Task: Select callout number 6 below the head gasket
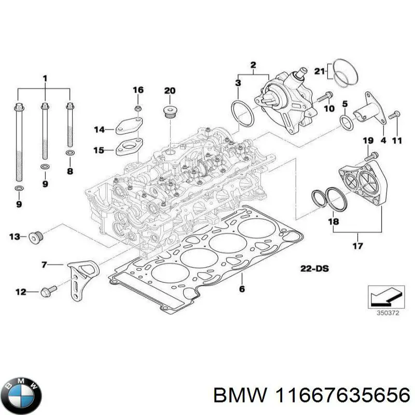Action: tap(241, 289)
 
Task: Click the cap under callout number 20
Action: tap(170, 112)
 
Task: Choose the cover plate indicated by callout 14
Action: tap(125, 127)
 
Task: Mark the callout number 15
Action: tap(99, 150)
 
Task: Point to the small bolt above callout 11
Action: tap(393, 114)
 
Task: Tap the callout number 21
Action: tap(320, 71)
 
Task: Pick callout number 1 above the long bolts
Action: tap(45, 78)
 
